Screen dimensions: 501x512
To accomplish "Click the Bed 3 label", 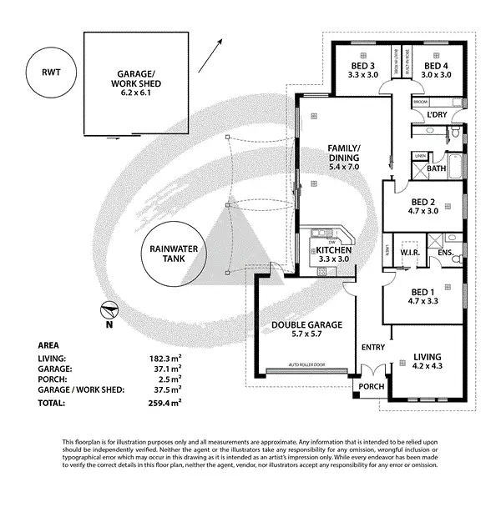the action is pos(363,70).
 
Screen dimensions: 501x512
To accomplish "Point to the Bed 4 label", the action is pos(437,70).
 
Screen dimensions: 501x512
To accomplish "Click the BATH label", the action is pos(437,168).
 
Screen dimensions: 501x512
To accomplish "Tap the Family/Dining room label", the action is pos(343,158).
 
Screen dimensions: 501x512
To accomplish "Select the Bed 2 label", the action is pos(422,206).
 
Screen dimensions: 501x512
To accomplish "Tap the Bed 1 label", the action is pos(422,297).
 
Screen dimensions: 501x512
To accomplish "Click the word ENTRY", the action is pos(373,347).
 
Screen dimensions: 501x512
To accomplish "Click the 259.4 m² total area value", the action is pos(165,403).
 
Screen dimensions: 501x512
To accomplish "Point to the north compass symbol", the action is pos(107,313).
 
